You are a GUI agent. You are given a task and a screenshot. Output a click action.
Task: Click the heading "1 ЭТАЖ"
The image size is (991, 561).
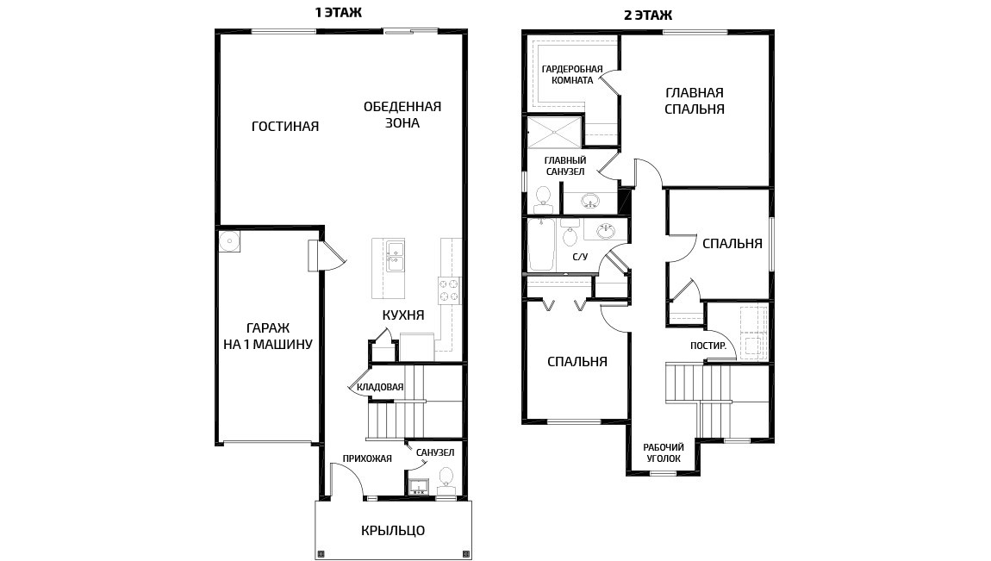tap(339, 13)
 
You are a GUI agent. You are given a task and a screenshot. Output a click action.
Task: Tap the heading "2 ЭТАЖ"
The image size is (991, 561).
tap(648, 16)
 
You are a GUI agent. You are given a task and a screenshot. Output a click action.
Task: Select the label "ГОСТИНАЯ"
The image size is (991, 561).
tap(285, 127)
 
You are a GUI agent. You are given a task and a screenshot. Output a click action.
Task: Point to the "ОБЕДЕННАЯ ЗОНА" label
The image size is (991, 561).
tap(402, 115)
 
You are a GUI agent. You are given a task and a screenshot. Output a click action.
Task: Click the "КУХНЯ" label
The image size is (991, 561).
tap(403, 315)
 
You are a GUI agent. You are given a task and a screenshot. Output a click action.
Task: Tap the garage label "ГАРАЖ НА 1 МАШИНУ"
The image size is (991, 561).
tap(268, 336)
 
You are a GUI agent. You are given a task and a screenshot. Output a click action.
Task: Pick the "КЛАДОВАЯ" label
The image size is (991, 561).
tap(380, 387)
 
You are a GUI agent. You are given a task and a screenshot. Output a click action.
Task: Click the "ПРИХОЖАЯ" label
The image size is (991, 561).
tap(367, 458)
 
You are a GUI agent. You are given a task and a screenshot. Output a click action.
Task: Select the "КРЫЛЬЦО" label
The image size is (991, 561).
tap(393, 531)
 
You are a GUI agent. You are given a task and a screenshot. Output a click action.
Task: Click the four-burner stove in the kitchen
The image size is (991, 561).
tap(449, 290)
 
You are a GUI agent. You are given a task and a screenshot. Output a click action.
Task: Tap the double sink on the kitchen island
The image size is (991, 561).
tap(395, 256)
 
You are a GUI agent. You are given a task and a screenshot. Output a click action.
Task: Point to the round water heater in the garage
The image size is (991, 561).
tap(228, 241)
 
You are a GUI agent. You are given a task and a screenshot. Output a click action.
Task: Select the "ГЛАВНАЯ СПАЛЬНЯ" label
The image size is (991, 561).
tap(695, 101)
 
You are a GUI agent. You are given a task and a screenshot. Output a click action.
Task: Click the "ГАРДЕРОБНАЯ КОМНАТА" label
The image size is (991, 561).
tap(572, 75)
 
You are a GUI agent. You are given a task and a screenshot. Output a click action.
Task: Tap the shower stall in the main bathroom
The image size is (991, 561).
tap(554, 133)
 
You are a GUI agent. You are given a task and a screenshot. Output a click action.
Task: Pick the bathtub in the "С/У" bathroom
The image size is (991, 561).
tap(541, 245)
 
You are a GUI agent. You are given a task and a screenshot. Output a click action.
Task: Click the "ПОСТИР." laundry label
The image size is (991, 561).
tap(708, 346)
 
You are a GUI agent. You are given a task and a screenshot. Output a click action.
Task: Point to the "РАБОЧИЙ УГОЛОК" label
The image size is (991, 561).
tap(664, 453)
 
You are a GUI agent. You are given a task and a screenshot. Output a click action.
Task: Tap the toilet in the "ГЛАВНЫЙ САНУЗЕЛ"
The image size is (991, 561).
tap(543, 201)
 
